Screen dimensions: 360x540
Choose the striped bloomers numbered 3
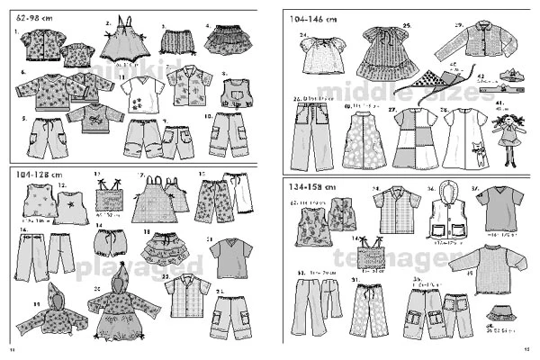pos(175,40)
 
